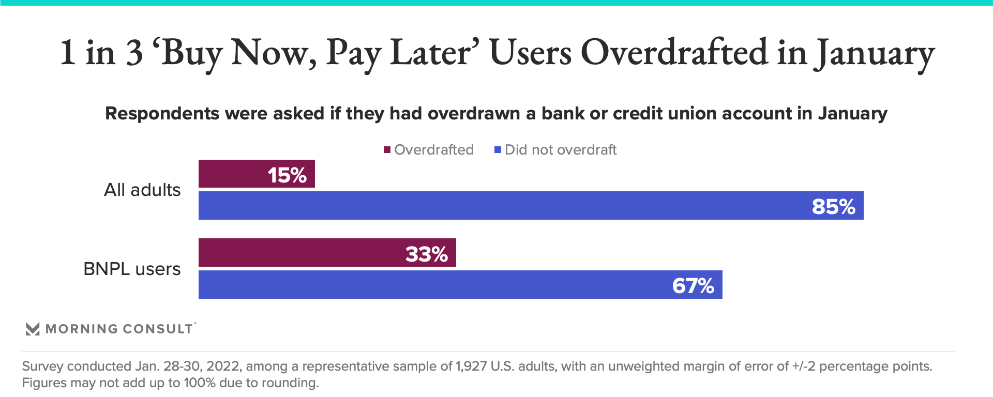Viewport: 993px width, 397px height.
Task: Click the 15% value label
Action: (287, 175)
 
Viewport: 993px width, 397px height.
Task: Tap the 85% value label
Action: (833, 207)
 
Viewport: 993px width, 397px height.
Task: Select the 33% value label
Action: (426, 254)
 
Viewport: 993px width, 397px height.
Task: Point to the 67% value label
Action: (693, 286)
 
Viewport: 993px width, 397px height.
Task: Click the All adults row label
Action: (142, 190)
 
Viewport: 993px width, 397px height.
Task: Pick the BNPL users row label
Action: (132, 269)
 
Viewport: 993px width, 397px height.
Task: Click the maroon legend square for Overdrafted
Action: (387, 150)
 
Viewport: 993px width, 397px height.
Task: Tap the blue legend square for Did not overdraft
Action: (498, 150)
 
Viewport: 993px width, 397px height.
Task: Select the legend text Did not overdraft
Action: (561, 150)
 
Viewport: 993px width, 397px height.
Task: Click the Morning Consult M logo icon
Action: (33, 329)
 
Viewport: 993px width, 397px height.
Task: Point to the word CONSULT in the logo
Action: (158, 329)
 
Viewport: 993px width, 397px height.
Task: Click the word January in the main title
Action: (875, 53)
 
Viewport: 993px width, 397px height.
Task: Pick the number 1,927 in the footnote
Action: (471, 367)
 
